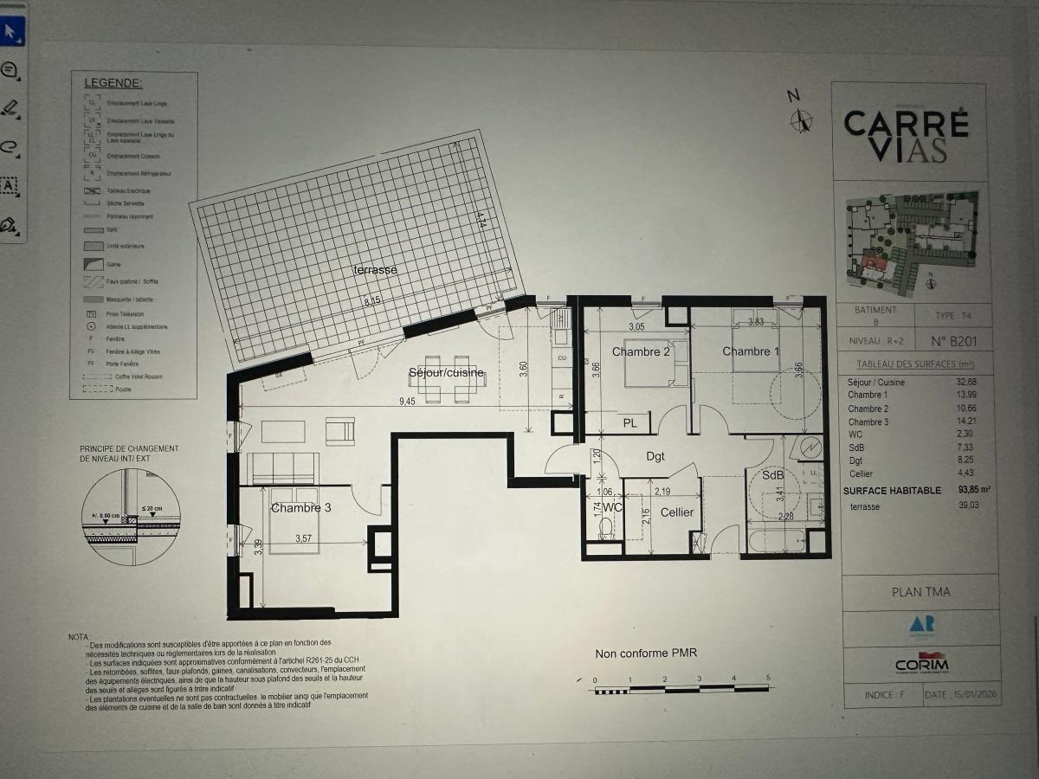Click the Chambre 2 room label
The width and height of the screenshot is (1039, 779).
pos(641,351)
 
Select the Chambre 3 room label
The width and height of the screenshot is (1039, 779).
pos(300,508)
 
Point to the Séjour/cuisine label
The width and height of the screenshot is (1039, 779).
pos(447,374)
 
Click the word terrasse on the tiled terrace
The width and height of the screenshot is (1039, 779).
pos(375,270)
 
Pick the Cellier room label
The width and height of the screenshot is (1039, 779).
pos(677,512)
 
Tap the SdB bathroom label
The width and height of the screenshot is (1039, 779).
pos(772,476)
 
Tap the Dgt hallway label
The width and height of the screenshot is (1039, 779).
pos(655,456)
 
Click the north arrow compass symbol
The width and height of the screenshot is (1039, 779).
pos(801,119)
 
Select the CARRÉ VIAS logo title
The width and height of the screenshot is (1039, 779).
pos(907,136)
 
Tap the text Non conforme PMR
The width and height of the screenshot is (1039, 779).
pos(646,653)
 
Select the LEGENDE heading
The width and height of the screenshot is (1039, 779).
pos(113,83)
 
